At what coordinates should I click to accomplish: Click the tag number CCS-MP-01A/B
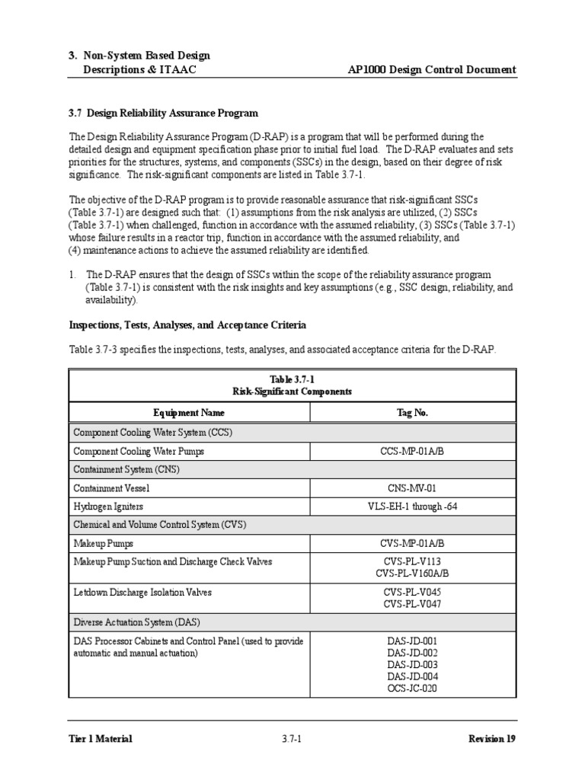pos(412,452)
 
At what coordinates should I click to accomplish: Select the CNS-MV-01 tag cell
pos(412,487)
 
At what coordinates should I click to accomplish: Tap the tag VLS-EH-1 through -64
pos(412,507)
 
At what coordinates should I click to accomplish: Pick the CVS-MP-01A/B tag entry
pos(412,543)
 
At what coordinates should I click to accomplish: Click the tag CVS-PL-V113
pos(412,561)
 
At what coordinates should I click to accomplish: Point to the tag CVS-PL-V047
pos(412,604)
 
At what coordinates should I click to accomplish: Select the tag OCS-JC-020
pos(412,688)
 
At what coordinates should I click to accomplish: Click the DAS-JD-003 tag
pos(412,664)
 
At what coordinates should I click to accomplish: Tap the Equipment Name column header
pos(189,413)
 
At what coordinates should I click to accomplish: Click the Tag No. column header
pos(412,413)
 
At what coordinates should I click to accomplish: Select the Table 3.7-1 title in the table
pos(292,379)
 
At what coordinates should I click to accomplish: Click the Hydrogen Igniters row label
pos(108,507)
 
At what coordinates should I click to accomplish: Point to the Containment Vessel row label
pos(111,487)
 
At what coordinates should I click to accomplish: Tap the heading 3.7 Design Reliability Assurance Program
pos(164,113)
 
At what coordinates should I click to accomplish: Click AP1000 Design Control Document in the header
pos(431,70)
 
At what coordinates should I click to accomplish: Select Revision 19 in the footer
pos(492,739)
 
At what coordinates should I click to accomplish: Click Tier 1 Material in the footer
pos(100,739)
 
